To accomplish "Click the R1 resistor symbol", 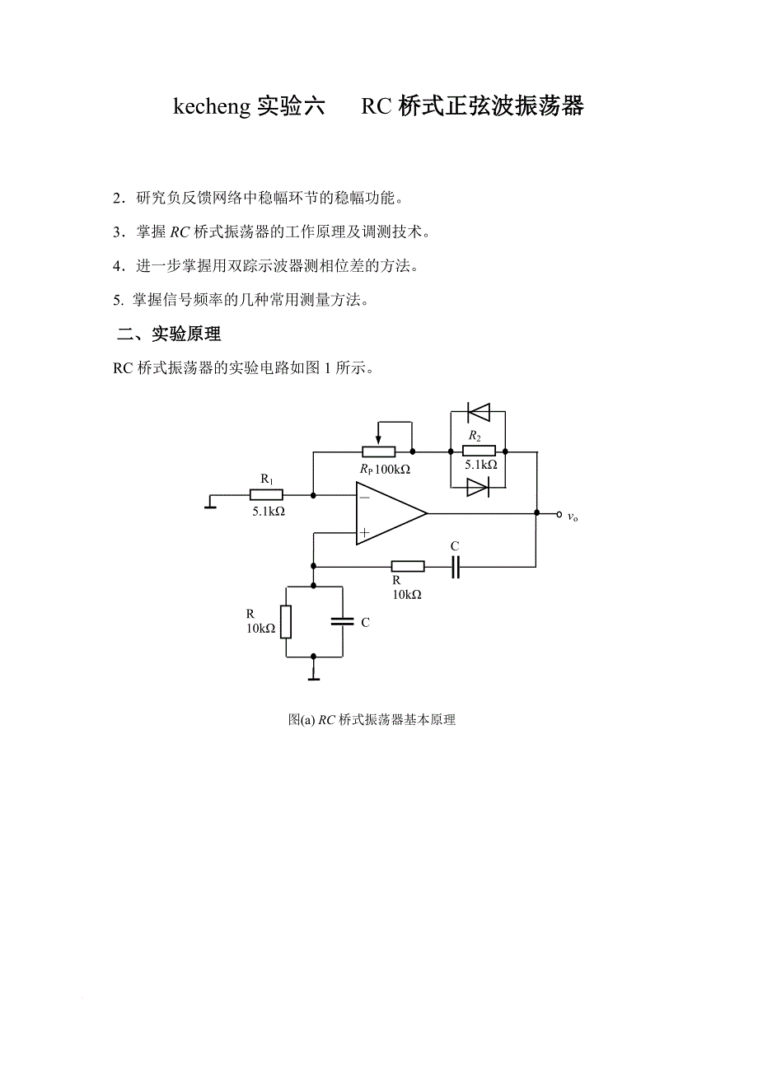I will (266, 494).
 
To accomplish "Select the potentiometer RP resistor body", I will (378, 451).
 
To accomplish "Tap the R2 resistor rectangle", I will (479, 451).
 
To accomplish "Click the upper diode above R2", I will (478, 411).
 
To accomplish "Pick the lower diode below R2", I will (478, 488).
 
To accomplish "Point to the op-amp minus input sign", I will (364, 497).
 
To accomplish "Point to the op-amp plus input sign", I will (364, 533).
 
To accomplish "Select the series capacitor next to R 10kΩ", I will (455, 566).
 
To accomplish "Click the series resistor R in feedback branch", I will (408, 566).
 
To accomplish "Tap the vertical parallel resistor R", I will (286, 622).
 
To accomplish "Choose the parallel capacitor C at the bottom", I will (342, 622).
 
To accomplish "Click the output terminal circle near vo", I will (559, 513).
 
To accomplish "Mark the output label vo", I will (573, 517).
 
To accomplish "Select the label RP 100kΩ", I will (384, 469).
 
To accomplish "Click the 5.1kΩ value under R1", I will (269, 511).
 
